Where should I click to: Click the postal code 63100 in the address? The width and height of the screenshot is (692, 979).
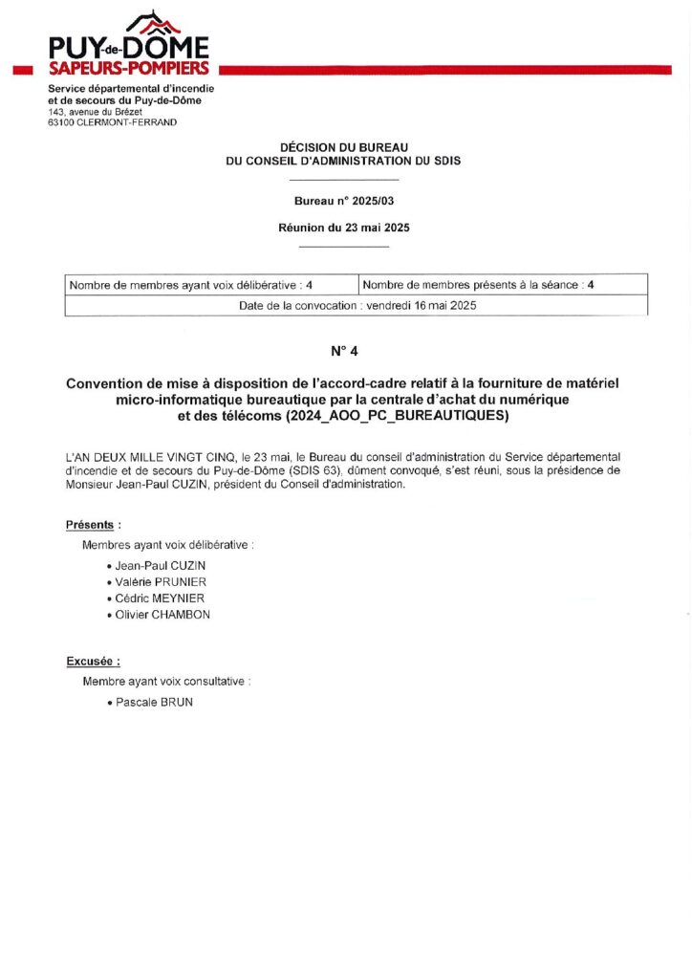tap(62, 122)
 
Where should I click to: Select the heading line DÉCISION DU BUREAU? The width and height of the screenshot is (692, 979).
tap(343, 147)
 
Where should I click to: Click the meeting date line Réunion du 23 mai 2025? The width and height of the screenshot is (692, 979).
tap(343, 228)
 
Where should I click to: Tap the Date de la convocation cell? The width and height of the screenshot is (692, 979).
tap(357, 306)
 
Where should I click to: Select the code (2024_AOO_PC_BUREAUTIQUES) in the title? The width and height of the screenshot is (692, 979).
tap(392, 417)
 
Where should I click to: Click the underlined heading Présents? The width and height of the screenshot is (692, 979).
tap(93, 525)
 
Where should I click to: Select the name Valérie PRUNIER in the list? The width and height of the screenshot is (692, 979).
tap(161, 582)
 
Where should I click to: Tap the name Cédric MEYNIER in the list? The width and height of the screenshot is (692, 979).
tap(160, 598)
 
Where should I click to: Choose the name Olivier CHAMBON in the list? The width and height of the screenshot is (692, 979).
tap(162, 615)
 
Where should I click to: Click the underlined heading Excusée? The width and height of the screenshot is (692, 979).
tap(93, 662)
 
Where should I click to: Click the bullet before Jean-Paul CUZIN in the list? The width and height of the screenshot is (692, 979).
tap(110, 566)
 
